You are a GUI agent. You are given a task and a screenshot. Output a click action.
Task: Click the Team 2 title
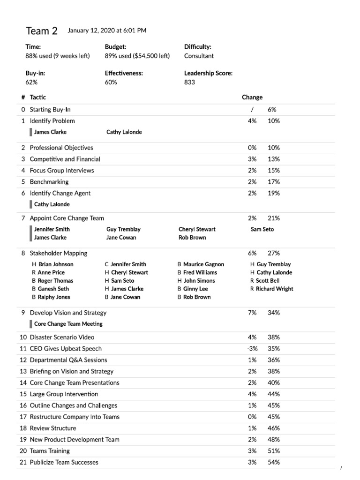click(x=42, y=31)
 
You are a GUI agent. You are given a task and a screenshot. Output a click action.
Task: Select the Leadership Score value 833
click(x=190, y=82)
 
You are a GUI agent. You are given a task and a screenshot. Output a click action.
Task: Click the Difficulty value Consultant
click(x=199, y=56)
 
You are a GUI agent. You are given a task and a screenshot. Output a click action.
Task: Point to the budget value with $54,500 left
click(x=137, y=56)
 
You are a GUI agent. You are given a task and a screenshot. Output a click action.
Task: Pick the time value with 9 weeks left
click(x=57, y=56)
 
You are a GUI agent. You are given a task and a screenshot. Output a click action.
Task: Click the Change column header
click(x=252, y=97)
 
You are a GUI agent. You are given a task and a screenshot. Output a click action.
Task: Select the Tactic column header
click(x=38, y=97)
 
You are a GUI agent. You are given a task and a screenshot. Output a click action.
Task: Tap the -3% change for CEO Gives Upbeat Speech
click(x=252, y=349)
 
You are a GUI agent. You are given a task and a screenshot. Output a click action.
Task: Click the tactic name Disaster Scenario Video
click(x=62, y=337)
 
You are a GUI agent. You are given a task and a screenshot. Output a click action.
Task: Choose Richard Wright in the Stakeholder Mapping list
click(x=274, y=289)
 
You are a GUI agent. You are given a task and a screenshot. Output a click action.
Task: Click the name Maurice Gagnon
click(x=203, y=264)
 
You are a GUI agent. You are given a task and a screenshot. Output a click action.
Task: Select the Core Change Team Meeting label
click(x=68, y=324)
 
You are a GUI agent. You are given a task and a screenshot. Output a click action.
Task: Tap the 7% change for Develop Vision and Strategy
click(x=252, y=313)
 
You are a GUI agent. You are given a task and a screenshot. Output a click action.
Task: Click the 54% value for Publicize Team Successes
click(x=274, y=463)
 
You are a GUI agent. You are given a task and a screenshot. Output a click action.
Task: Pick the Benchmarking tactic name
click(x=49, y=182)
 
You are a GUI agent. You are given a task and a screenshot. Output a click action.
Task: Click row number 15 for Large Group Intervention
click(x=23, y=394)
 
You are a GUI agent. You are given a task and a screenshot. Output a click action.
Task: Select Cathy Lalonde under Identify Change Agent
click(x=52, y=204)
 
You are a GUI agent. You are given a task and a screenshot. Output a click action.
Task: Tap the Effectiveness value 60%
click(x=111, y=82)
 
